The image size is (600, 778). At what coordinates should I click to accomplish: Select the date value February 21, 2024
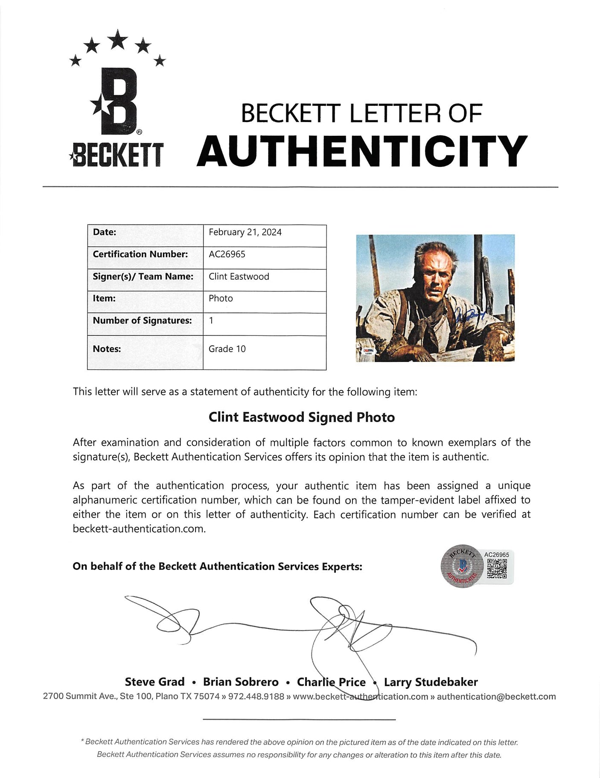(245, 232)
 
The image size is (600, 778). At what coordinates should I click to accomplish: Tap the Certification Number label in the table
(140, 254)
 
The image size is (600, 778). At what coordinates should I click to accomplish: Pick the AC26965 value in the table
(227, 254)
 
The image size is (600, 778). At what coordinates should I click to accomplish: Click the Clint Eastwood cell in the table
(239, 277)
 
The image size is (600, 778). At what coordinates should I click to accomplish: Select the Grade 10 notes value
(227, 349)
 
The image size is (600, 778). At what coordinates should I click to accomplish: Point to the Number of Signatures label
(142, 321)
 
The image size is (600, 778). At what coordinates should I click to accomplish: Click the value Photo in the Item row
(221, 298)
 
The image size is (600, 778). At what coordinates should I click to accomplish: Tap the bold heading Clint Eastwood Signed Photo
(302, 417)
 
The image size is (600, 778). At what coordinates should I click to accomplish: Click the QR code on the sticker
(497, 569)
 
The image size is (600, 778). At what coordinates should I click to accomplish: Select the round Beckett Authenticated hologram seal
(462, 566)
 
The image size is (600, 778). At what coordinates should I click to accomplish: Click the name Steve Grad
(154, 682)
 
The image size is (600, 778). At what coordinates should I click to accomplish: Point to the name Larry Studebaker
(431, 682)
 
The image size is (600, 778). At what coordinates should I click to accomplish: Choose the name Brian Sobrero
(241, 682)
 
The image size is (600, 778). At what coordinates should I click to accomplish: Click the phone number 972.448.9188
(256, 696)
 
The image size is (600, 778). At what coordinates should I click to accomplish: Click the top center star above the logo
(118, 39)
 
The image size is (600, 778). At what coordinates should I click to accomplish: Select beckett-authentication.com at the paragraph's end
(139, 529)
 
